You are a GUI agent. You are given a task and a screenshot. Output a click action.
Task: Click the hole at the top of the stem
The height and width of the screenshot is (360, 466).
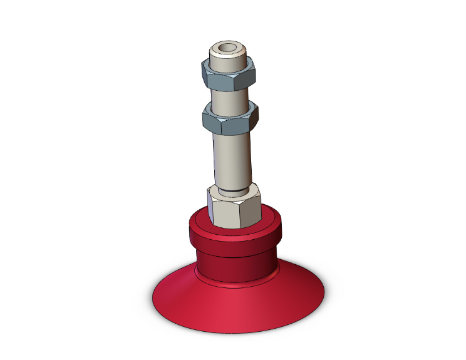tap(227, 48)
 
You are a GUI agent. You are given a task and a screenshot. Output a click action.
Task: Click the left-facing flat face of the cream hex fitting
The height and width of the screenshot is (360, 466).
tap(221, 212)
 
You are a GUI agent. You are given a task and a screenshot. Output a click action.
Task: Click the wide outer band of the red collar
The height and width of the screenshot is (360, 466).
tap(235, 241)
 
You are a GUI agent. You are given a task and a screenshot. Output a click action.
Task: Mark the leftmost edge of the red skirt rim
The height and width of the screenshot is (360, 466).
tap(153, 294)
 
